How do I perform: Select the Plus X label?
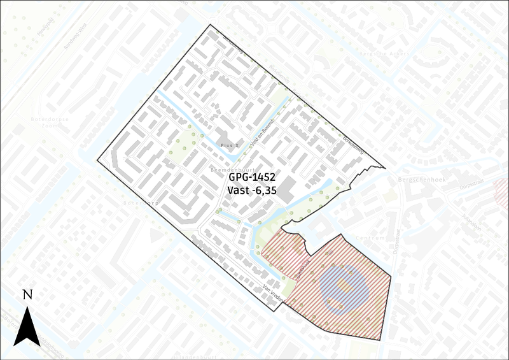pos(228,145)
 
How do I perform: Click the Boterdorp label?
pos(141,202)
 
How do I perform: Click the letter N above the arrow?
pos(27,294)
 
